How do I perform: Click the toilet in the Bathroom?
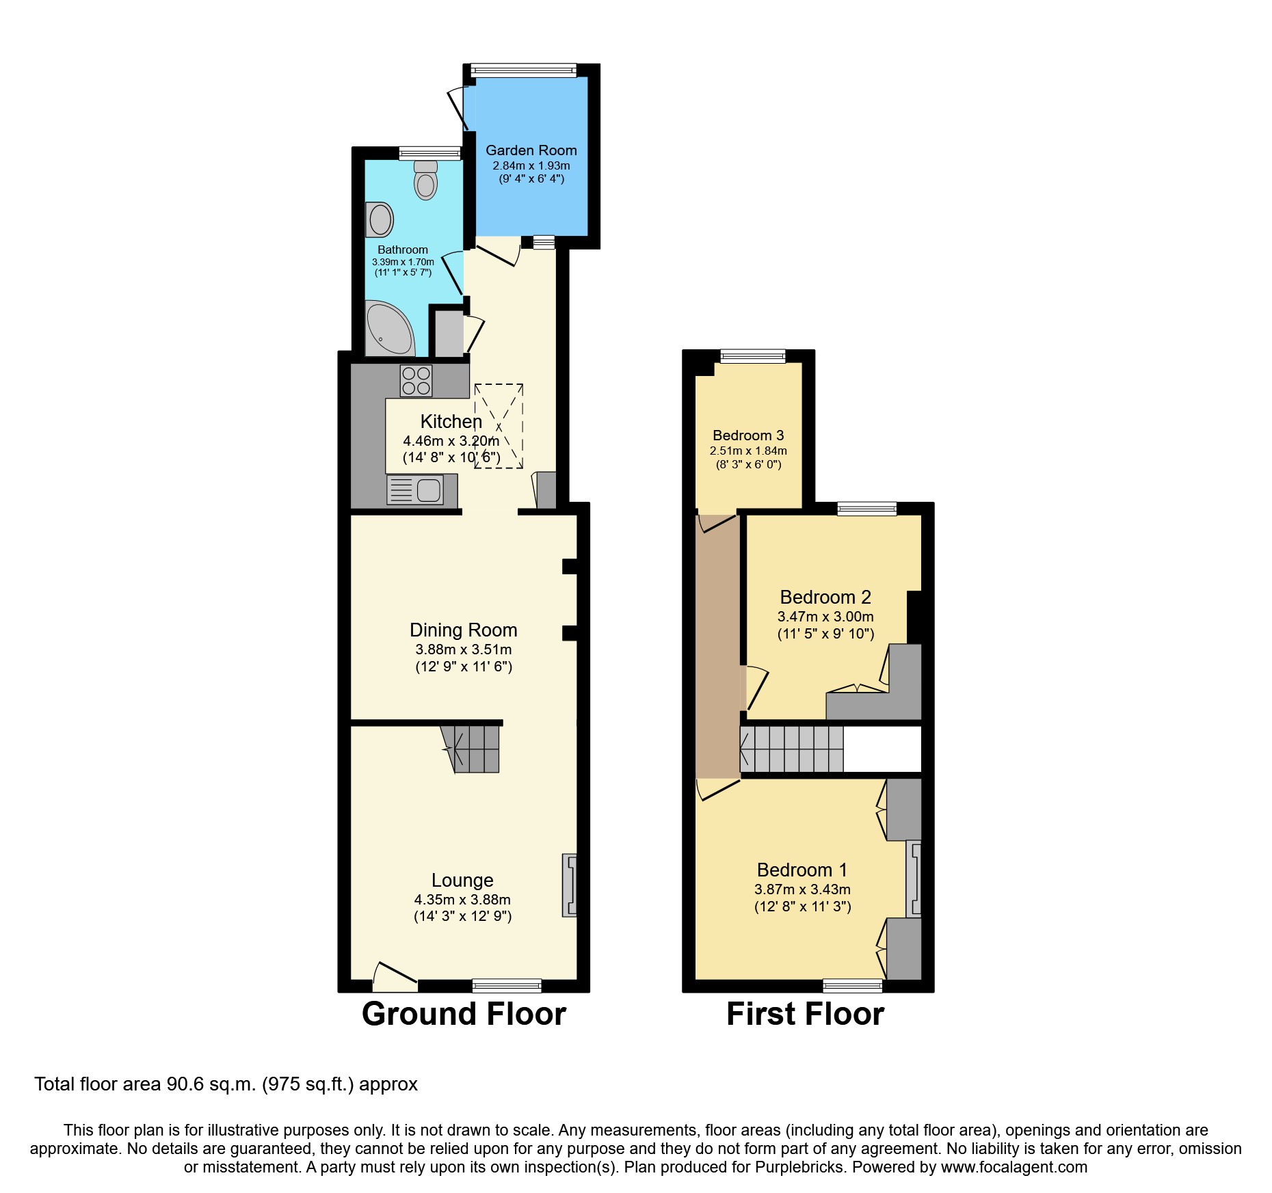click(425, 181)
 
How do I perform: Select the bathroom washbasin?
click(380, 219)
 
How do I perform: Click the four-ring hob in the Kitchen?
click(416, 381)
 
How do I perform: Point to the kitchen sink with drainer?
click(415, 490)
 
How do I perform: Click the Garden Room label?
click(531, 150)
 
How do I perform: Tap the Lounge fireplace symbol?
click(569, 885)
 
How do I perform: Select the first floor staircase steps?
click(792, 749)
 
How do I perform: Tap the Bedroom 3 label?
click(748, 435)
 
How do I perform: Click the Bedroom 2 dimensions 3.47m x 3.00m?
click(825, 617)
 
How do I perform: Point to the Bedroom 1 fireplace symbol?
click(914, 879)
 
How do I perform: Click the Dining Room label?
click(463, 630)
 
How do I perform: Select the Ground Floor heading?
click(464, 1014)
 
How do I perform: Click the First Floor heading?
click(805, 1014)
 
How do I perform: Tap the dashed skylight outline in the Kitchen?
click(499, 426)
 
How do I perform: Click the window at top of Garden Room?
click(523, 70)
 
